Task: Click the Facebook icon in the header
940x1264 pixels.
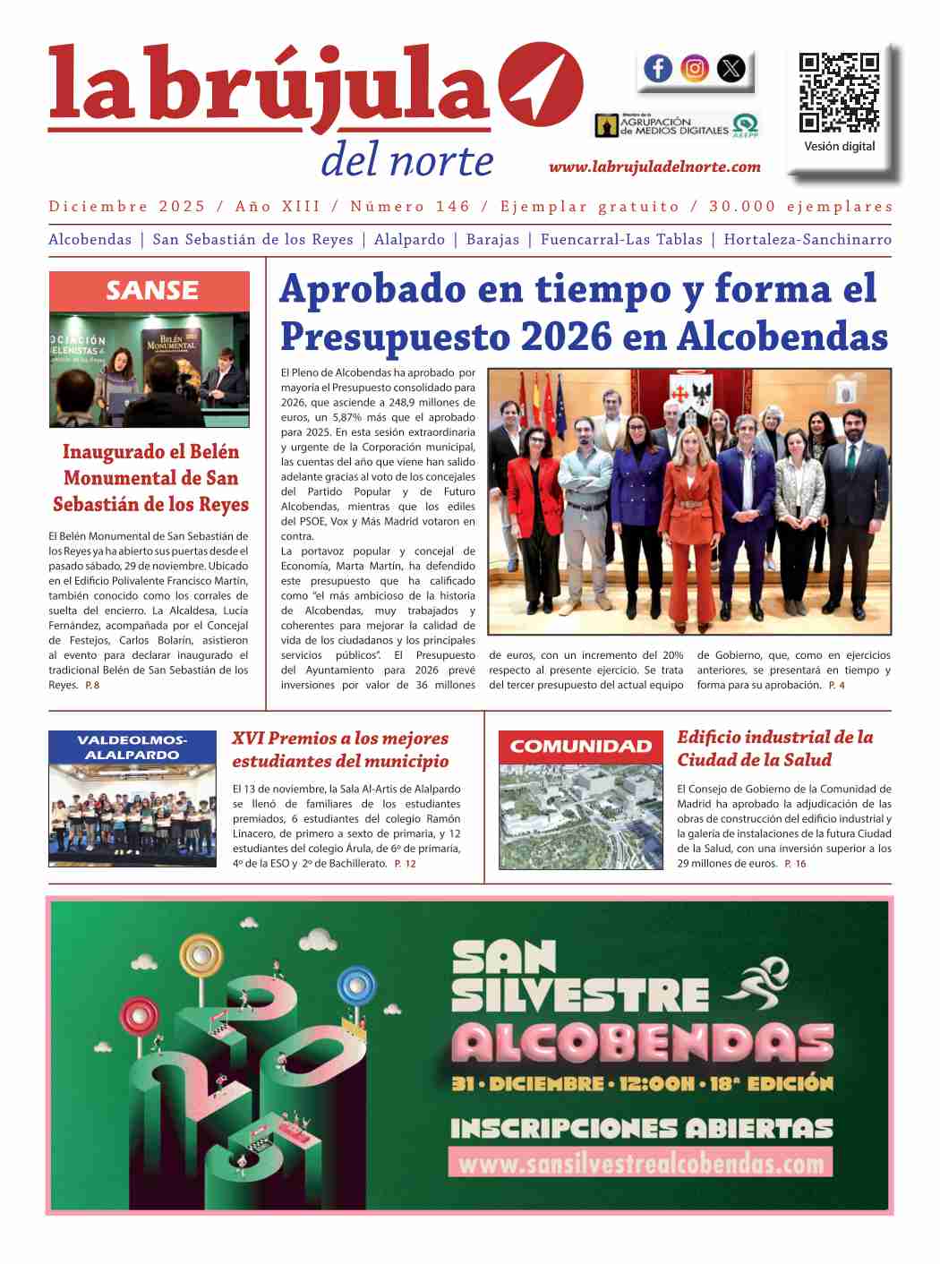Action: pos(658,68)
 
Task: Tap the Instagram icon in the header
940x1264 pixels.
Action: pos(695,68)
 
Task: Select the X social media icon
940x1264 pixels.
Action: pos(731,68)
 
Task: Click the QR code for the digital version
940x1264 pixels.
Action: pos(839,92)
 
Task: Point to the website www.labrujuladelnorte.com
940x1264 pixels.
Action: pos(654,167)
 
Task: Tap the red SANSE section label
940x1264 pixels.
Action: pos(150,291)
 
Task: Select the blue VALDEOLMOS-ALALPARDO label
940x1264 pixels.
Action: pos(132,747)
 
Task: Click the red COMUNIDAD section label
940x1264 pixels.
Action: pos(581,747)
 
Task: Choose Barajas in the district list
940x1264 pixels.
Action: pos(492,239)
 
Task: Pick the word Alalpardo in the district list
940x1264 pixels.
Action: pos(409,239)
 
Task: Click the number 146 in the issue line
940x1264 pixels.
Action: pos(452,207)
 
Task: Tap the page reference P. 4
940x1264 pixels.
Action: pos(836,686)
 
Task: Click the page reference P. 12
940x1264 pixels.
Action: pos(405,864)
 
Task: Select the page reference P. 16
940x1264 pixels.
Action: pos(795,864)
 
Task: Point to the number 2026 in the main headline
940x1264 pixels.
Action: pos(567,337)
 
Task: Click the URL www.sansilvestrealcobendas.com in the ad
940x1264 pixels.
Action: pos(640,1163)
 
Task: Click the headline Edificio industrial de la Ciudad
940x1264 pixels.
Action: pos(774,748)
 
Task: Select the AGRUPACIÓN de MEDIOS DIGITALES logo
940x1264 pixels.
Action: pos(677,125)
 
